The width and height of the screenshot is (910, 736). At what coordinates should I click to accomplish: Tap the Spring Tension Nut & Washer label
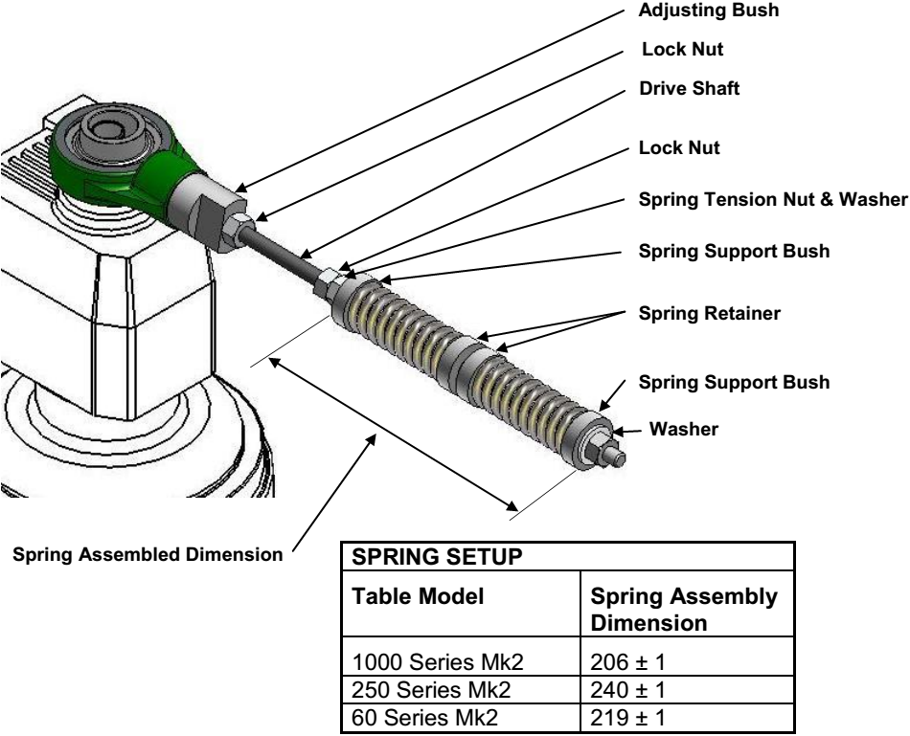click(771, 199)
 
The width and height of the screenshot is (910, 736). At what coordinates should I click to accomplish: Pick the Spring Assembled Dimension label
click(146, 554)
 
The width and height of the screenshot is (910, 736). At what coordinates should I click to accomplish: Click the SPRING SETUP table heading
click(419, 559)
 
